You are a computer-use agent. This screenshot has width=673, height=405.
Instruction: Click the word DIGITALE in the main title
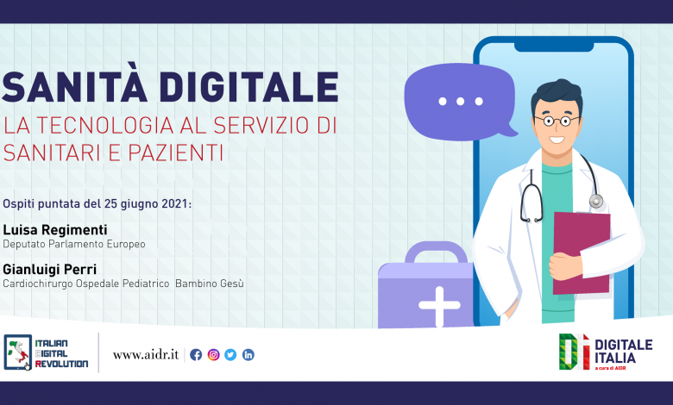[x=249, y=87]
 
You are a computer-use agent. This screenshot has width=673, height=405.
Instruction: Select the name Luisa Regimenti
[x=55, y=231]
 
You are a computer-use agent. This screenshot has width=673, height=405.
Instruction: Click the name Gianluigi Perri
[x=50, y=270]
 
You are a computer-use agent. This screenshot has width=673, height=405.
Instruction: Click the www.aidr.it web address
[x=146, y=355]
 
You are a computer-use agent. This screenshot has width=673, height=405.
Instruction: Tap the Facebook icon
[x=196, y=355]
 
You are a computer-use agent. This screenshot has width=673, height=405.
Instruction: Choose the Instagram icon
[x=213, y=355]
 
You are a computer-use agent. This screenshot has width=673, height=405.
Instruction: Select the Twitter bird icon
[x=230, y=355]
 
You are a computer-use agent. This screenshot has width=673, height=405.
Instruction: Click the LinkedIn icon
[x=248, y=355]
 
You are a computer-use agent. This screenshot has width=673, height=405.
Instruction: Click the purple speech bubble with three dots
[x=460, y=102]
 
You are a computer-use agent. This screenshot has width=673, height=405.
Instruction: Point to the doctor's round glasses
[x=557, y=121]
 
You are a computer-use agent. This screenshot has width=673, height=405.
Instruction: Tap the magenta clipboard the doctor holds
[x=582, y=252]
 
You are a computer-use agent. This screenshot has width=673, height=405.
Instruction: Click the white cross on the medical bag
[x=439, y=306]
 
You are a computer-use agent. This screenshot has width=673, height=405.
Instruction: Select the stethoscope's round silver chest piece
[x=595, y=201]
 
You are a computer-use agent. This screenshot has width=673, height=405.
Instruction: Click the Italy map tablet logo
[x=17, y=352]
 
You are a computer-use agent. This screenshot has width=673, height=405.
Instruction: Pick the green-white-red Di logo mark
[x=575, y=352]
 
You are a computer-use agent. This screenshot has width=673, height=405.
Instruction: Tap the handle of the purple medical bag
[x=436, y=252]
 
